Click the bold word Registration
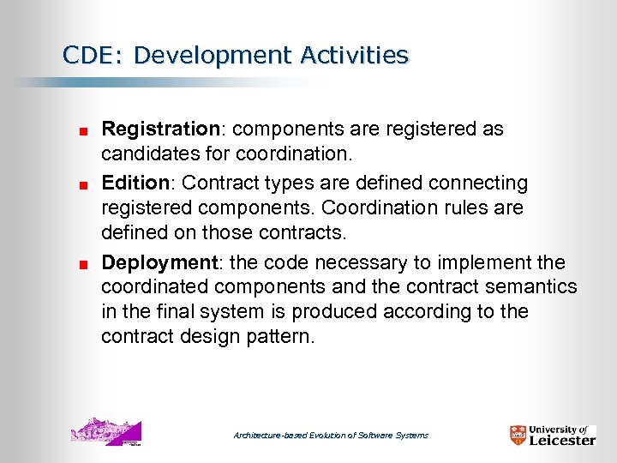point(160,129)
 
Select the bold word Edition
point(137,183)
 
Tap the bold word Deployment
point(158,262)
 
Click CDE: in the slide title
point(93,56)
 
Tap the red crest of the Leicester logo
point(518,435)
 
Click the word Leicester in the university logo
point(562,440)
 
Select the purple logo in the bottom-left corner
point(106,431)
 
